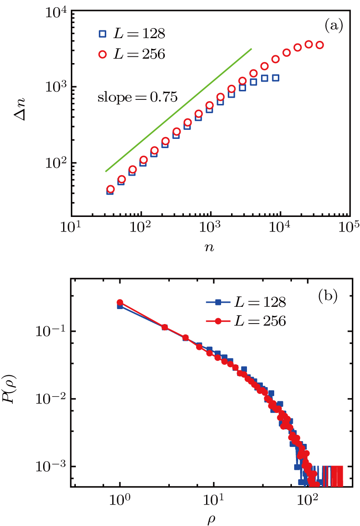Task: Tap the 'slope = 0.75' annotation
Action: point(137,97)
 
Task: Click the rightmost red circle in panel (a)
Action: point(320,45)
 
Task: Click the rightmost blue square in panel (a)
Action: point(275,78)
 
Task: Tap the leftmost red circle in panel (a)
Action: point(110,189)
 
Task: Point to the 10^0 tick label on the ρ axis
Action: point(120,501)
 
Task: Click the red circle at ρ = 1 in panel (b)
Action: point(120,302)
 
